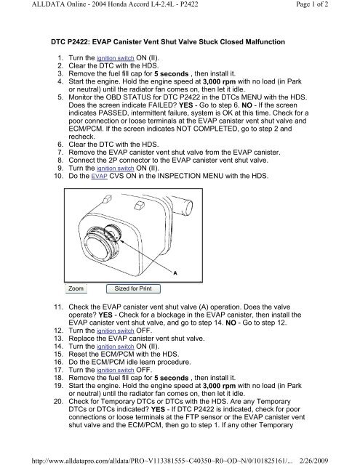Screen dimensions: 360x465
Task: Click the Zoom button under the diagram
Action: tap(76, 288)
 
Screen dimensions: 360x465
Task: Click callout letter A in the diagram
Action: tap(175, 273)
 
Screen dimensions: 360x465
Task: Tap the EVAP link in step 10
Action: tap(99, 176)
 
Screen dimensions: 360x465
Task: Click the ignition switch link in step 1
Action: tap(116, 58)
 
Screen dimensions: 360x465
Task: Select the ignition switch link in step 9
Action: tap(116, 168)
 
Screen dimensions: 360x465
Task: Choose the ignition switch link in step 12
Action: tap(116, 331)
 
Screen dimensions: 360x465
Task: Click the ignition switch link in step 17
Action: tap(116, 370)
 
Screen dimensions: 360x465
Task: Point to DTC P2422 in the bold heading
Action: tap(69, 42)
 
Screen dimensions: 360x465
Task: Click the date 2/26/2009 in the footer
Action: tap(314, 461)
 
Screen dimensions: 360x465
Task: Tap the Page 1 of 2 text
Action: tap(312, 4)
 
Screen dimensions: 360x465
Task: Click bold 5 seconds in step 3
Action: tap(171, 74)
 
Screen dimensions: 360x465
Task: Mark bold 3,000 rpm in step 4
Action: tap(219, 81)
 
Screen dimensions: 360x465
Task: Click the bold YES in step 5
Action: tap(185, 105)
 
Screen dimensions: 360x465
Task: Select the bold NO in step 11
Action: tap(231, 323)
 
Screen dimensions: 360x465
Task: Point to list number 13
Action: tap(58, 339)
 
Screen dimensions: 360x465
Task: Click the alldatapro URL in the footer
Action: tap(162, 461)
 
